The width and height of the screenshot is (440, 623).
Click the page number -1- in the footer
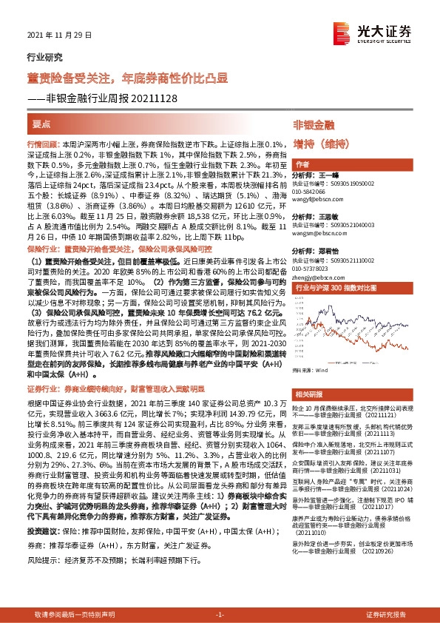(220, 615)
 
